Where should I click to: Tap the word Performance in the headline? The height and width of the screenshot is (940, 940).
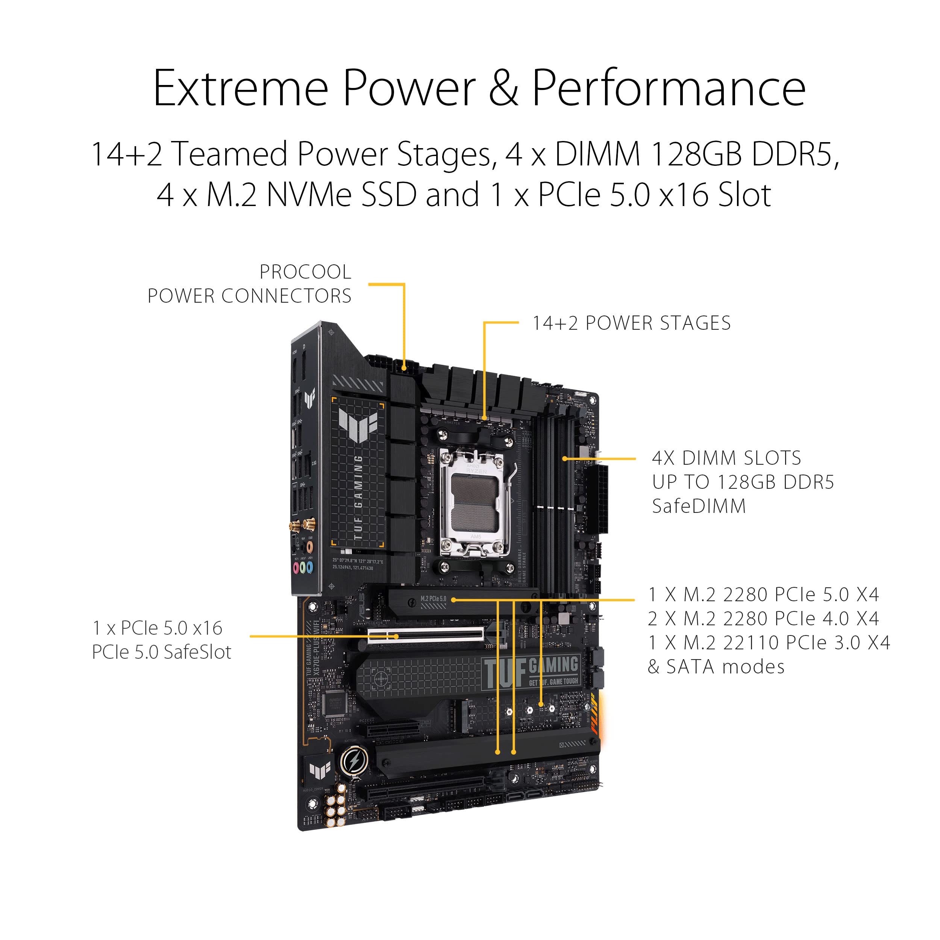click(x=669, y=89)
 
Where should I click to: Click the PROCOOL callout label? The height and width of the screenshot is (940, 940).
click(x=305, y=271)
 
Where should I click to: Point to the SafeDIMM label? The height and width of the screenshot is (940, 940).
click(x=699, y=506)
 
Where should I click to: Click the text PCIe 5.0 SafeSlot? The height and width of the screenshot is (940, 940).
click(x=162, y=652)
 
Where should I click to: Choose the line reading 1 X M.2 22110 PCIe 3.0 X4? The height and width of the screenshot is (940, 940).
click(x=769, y=643)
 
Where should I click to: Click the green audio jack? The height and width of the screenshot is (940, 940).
click(x=303, y=567)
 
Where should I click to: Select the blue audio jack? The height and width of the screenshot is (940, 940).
click(x=309, y=567)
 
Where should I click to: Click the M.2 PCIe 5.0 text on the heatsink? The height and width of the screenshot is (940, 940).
click(x=433, y=599)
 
